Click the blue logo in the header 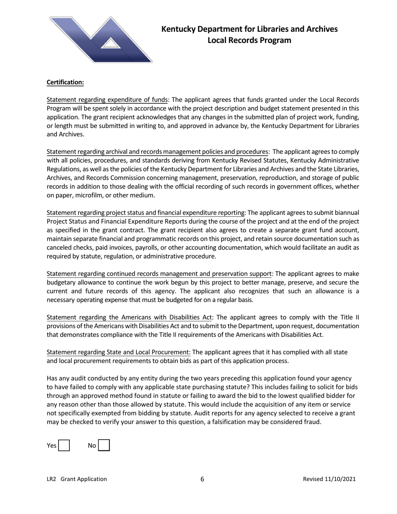(100, 40)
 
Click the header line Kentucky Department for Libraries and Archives (249, 29)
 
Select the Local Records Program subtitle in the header (249, 41)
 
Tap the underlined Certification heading (65, 82)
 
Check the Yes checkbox (64, 445)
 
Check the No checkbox (104, 445)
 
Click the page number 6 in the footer (202, 479)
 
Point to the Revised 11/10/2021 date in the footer (329, 479)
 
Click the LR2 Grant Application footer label (76, 479)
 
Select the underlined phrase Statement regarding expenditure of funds (107, 100)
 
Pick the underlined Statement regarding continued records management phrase (159, 274)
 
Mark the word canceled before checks (59, 248)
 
